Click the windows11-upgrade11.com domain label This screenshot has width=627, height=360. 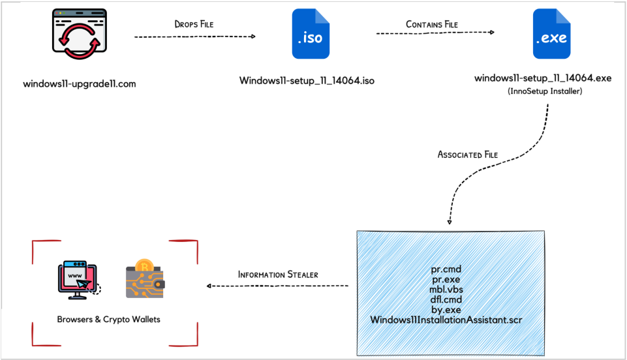[80, 83]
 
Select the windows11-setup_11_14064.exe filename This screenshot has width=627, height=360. [543, 79]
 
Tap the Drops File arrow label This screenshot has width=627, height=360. [194, 24]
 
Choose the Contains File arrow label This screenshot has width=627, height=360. [432, 25]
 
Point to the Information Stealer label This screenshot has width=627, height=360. [278, 275]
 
